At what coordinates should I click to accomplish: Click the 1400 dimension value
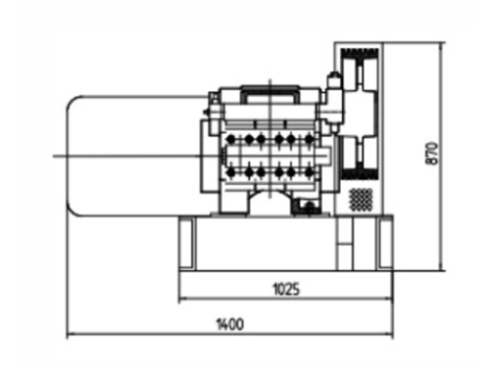click(230, 324)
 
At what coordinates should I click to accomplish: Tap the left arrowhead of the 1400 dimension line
click(70, 335)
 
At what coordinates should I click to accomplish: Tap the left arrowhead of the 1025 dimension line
click(182, 298)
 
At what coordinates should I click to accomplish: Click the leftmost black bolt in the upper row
click(231, 140)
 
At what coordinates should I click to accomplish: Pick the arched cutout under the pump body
click(268, 201)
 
